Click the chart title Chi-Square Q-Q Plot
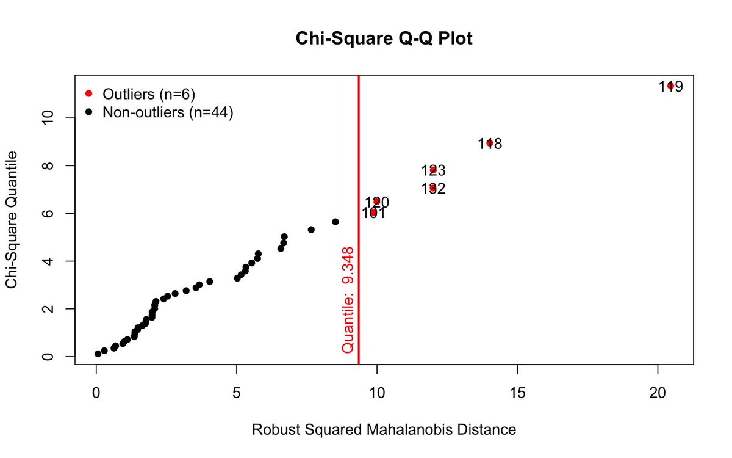point(384,38)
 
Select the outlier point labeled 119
point(670,86)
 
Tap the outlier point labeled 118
point(490,143)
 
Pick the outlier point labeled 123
point(433,170)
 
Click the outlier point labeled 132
point(433,188)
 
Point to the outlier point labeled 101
point(373,212)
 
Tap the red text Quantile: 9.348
point(348,299)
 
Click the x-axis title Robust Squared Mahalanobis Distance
point(384,430)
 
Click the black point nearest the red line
point(335,222)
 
